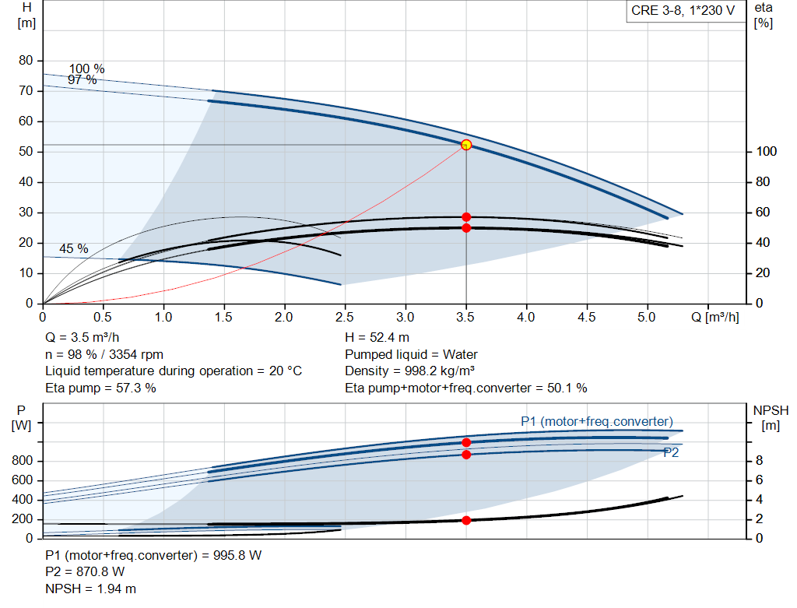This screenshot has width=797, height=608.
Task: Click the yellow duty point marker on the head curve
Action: (466, 145)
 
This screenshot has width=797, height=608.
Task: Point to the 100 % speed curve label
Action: (86, 69)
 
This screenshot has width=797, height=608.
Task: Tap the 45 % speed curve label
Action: (74, 249)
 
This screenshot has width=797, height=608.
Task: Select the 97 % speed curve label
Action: (82, 79)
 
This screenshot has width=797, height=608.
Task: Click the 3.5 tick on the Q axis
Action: (465, 317)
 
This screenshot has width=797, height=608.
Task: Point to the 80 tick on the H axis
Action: (26, 61)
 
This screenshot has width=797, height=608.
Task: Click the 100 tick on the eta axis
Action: (767, 152)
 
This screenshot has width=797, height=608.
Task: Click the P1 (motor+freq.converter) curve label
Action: (597, 421)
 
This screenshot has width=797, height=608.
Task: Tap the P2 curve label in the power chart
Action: (670, 452)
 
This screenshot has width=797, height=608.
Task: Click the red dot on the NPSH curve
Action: (466, 520)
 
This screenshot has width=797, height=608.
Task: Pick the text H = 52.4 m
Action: (377, 338)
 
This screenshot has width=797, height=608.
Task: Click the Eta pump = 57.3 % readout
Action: (100, 388)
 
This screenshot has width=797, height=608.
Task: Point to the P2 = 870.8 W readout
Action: (85, 572)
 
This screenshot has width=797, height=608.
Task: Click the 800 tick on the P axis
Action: (22, 462)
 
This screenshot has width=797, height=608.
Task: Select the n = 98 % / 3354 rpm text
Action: (104, 354)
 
